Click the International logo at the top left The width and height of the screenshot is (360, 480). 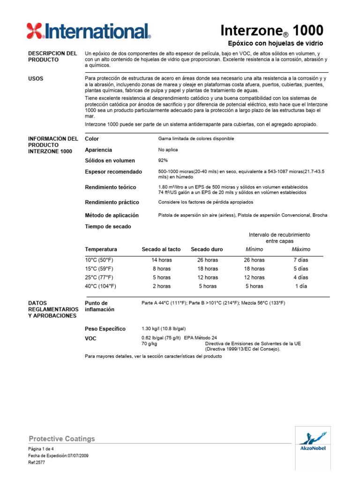(x=89, y=31)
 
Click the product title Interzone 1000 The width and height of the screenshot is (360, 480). (x=271, y=31)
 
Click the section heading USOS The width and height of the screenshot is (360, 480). (x=36, y=79)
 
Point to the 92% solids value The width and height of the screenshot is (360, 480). (x=164, y=161)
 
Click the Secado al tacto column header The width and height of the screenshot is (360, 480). (x=161, y=249)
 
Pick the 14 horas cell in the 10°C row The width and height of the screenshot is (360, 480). (x=161, y=260)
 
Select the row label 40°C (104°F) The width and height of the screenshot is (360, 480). (x=100, y=286)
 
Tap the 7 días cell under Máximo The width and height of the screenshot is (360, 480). (x=300, y=260)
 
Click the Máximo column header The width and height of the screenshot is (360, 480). (x=300, y=249)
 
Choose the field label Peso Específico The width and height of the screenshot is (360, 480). (x=105, y=329)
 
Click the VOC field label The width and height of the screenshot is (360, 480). (x=90, y=338)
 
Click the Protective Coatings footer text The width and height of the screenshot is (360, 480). (x=62, y=439)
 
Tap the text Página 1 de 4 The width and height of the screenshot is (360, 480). (x=41, y=449)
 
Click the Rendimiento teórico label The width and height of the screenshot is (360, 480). (x=110, y=187)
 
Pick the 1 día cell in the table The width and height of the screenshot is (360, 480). (x=300, y=286)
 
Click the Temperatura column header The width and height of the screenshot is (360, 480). (x=101, y=249)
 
